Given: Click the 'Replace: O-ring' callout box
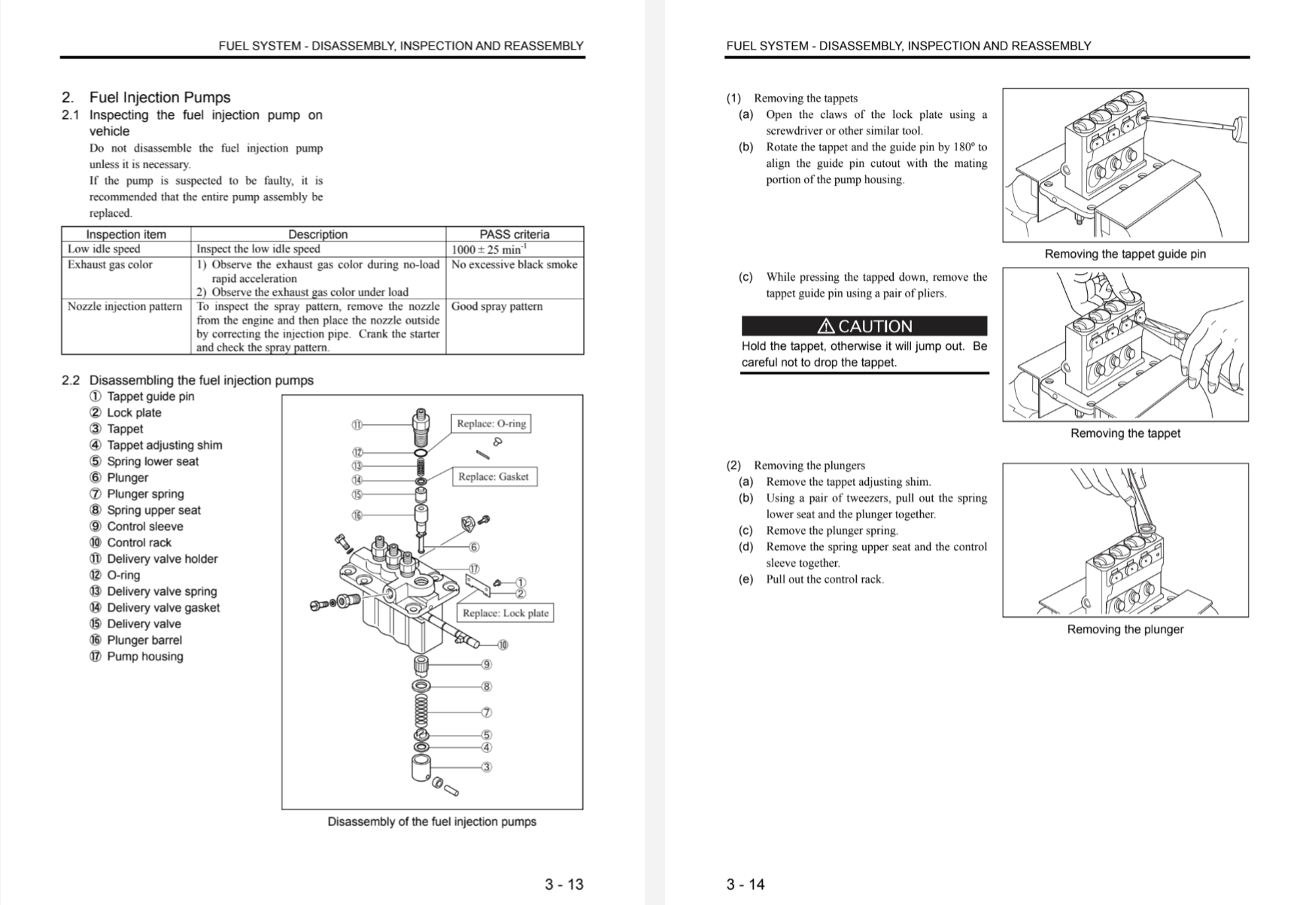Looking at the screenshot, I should (x=491, y=424).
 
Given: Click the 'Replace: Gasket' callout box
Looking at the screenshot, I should (x=494, y=476).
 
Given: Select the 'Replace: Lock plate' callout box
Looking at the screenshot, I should (x=505, y=612).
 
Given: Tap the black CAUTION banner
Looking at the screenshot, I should (x=864, y=326).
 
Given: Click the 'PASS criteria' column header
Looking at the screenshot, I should (x=514, y=234).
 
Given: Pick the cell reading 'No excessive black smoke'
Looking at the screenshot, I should (x=514, y=264).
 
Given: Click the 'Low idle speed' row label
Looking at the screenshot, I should (x=104, y=249).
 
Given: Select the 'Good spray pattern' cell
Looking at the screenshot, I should (x=497, y=306).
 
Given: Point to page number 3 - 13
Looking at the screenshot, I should (x=563, y=884).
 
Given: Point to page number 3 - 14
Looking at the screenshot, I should (x=745, y=884).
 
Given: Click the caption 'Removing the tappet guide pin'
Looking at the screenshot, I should (x=1125, y=254).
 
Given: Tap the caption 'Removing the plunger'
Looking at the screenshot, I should (x=1125, y=629).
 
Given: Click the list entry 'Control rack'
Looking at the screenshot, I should (x=138, y=542).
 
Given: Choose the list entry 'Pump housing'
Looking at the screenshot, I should (x=144, y=656).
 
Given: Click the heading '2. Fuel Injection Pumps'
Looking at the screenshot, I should (x=146, y=97).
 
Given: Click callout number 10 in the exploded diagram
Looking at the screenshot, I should (x=503, y=645).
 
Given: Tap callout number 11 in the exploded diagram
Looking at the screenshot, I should (x=357, y=424).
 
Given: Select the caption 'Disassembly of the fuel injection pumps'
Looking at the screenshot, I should (x=431, y=821).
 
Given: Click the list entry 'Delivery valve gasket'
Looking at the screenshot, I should (x=162, y=607).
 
